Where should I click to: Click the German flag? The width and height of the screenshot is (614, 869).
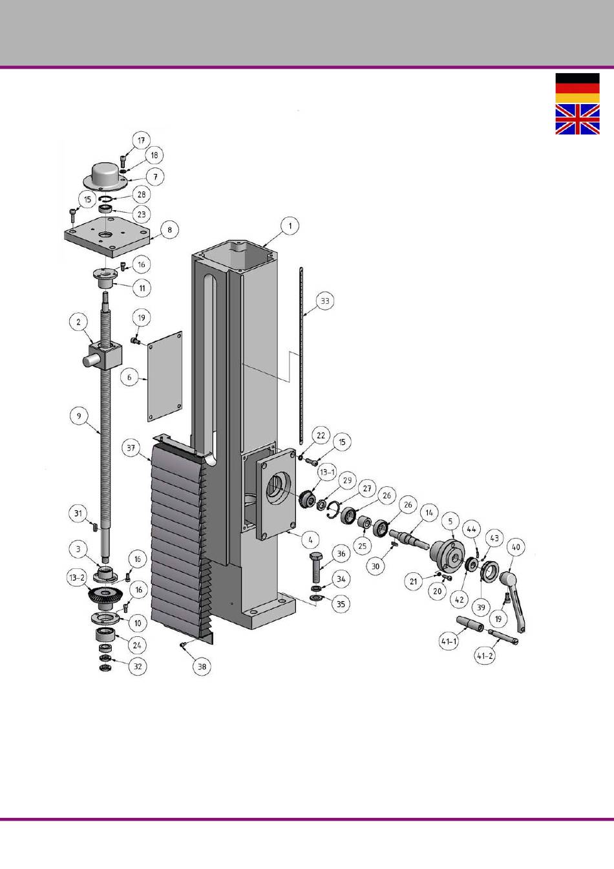(x=578, y=88)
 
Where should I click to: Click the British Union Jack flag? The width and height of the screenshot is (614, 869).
(x=578, y=119)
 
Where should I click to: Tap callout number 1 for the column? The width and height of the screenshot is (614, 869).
(x=290, y=226)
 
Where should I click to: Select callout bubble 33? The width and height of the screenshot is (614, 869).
(x=324, y=301)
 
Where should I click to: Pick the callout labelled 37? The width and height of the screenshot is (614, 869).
(x=131, y=447)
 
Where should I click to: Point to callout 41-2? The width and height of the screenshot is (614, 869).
(x=485, y=656)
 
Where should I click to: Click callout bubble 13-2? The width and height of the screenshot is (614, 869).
(x=77, y=577)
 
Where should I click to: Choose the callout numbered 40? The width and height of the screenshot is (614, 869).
(x=516, y=548)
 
